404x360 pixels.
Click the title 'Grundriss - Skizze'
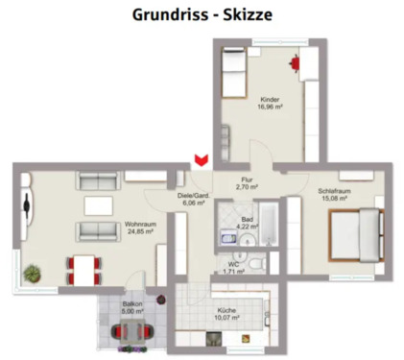pyautogui.click(x=202, y=15)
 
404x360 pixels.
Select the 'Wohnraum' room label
pyautogui.click(x=140, y=224)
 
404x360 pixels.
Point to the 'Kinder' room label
pyautogui.click(x=270, y=100)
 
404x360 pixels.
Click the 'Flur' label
pyautogui.click(x=247, y=180)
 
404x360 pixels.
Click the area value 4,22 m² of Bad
pyautogui.click(x=248, y=226)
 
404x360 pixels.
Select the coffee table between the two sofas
pyautogui.click(x=99, y=205)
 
